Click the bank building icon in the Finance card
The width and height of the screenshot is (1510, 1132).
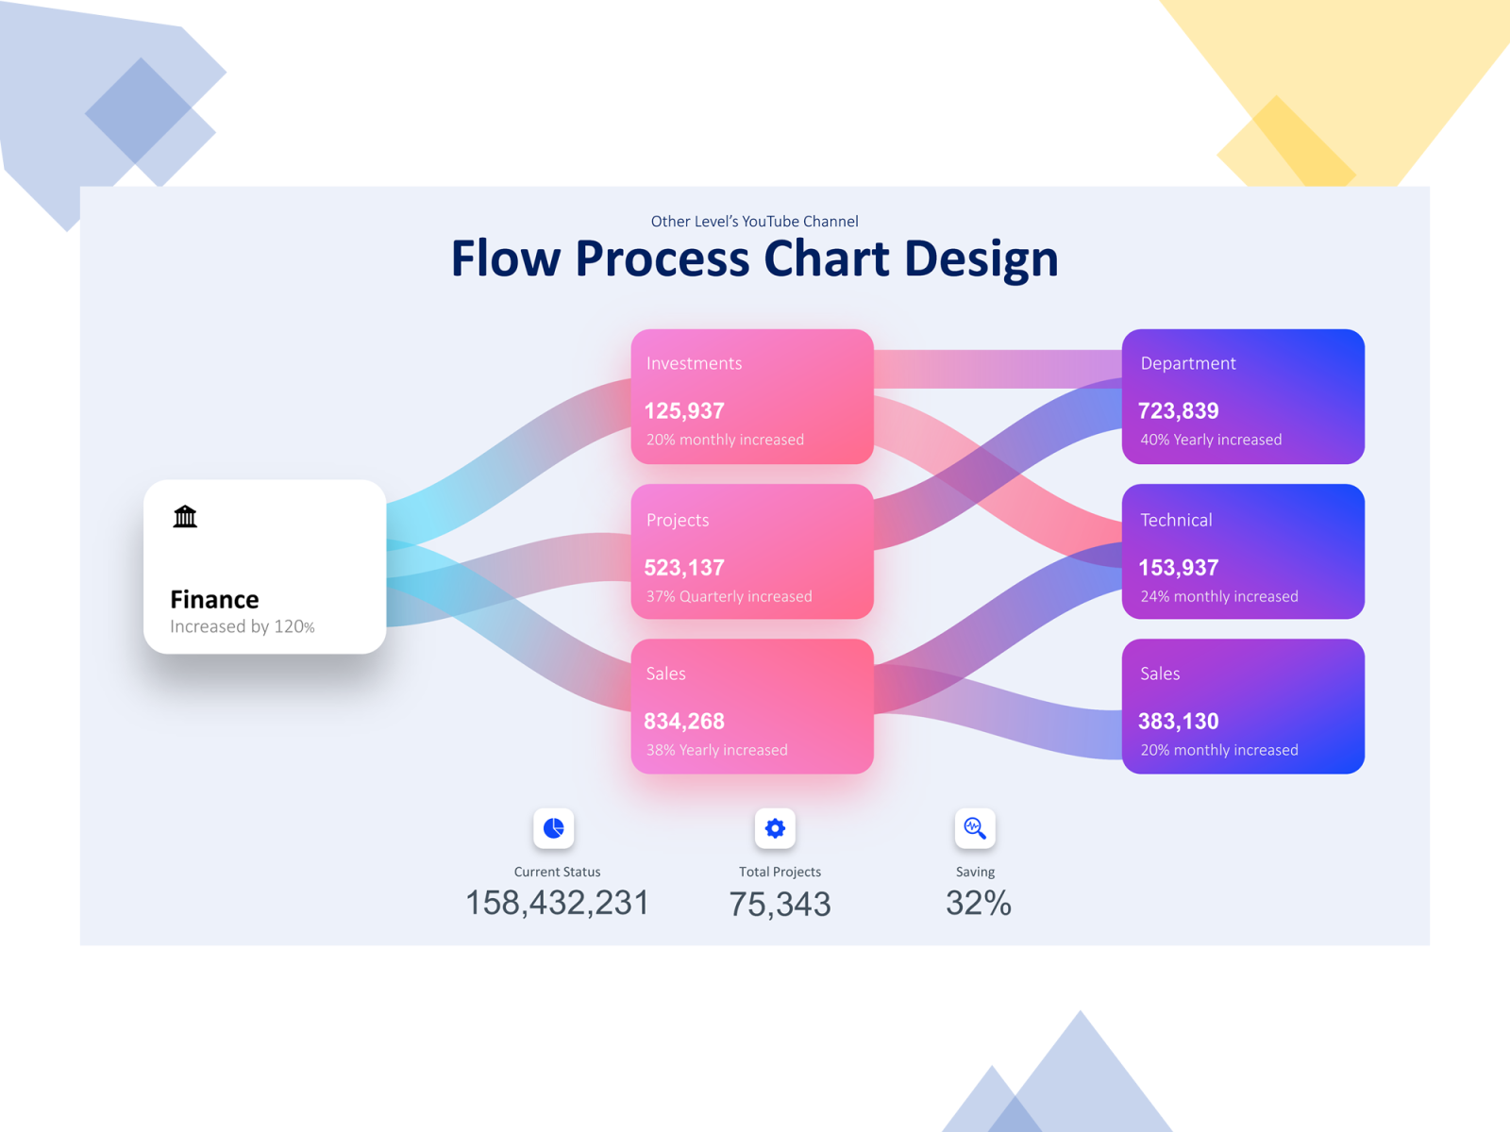click(185, 516)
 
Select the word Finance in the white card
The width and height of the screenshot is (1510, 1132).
click(214, 600)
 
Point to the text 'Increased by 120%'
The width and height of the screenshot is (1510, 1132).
click(242, 627)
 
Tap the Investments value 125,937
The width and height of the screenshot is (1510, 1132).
click(684, 411)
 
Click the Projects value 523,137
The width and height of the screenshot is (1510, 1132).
click(684, 568)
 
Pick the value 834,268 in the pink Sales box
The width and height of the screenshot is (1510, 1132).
click(684, 722)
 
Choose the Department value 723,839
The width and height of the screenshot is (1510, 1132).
click(1178, 411)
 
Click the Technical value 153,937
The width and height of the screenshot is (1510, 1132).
click(1178, 568)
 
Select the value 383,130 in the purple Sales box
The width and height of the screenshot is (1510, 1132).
click(1178, 722)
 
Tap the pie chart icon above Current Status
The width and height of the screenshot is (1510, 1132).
click(554, 828)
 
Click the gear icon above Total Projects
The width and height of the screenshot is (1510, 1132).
click(775, 828)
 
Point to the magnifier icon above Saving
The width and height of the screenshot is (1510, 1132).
click(975, 828)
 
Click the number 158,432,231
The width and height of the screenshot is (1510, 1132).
click(557, 904)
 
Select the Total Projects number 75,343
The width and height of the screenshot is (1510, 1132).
click(780, 905)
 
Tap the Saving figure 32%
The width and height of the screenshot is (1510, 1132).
click(979, 904)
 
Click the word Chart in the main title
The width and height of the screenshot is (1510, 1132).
click(826, 259)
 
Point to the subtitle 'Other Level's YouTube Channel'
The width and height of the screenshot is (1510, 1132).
click(754, 222)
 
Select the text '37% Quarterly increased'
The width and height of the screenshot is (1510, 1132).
click(729, 597)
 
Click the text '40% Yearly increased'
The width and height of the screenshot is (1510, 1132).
click(1211, 441)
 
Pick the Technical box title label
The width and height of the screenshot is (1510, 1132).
click(1176, 521)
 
